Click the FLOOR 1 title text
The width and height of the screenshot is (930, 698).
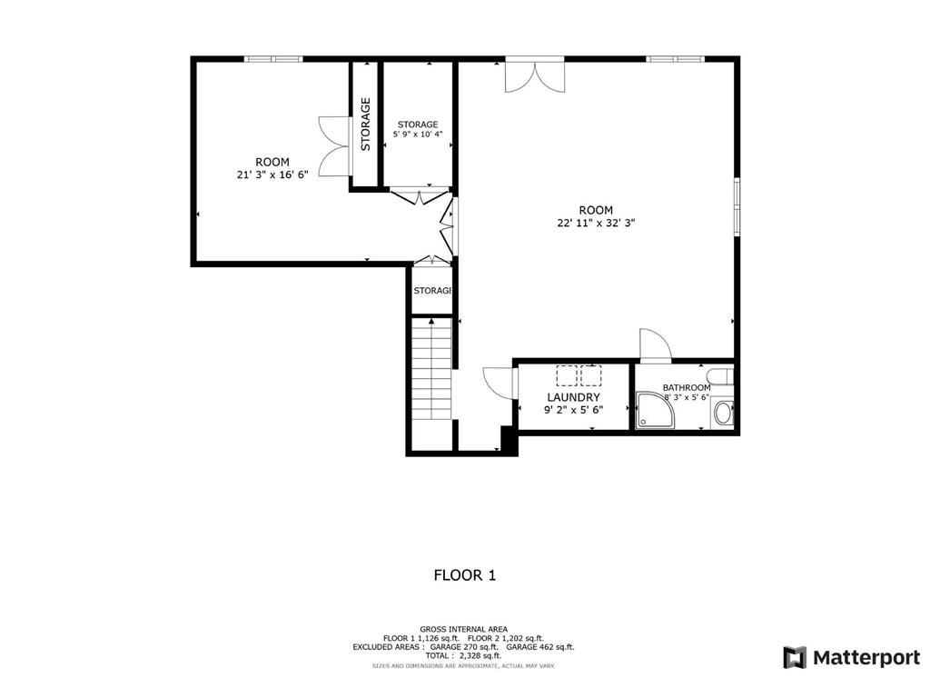click(x=464, y=574)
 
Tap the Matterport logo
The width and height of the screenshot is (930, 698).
click(x=851, y=657)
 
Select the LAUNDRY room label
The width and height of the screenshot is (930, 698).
click(x=573, y=397)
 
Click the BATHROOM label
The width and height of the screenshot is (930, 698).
click(x=687, y=387)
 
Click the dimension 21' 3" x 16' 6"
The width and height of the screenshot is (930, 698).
click(x=272, y=174)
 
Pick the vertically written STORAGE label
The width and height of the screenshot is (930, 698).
click(x=365, y=125)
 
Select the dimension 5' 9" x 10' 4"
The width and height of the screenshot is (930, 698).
click(x=418, y=135)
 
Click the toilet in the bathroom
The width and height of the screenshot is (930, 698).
click(x=724, y=414)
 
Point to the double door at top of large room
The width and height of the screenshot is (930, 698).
click(x=535, y=75)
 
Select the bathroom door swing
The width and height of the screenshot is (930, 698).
click(x=654, y=344)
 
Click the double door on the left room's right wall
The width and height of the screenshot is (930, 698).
click(x=333, y=145)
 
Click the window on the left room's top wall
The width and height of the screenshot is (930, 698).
click(x=272, y=59)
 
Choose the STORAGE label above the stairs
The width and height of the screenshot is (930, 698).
click(x=432, y=291)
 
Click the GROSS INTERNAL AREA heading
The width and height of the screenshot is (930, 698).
click(x=463, y=629)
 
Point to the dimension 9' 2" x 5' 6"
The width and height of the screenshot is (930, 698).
click(x=573, y=410)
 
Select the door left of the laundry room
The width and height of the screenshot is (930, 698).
click(x=500, y=381)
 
